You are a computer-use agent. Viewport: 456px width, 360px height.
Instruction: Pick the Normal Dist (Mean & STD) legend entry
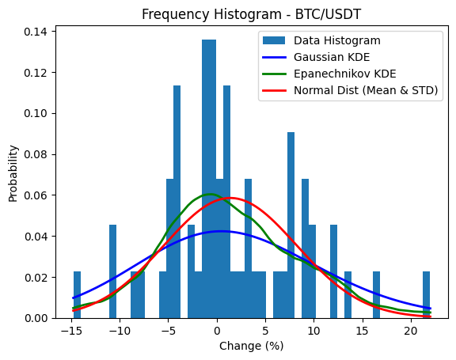coord(365,90)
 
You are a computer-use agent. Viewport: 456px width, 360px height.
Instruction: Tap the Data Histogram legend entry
coord(336,40)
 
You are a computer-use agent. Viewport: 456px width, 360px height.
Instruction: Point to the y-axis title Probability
coord(13,172)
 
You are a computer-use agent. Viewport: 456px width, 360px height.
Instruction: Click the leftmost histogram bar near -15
coord(77,295)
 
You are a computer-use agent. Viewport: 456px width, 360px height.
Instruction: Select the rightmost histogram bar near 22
coord(426,295)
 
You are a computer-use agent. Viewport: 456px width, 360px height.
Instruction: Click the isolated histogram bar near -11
coord(112,272)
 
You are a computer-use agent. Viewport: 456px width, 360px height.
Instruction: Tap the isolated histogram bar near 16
coord(376,295)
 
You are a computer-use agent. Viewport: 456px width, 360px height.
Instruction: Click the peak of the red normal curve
coord(230,199)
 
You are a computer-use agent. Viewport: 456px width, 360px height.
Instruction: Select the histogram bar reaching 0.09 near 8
coord(291,225)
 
